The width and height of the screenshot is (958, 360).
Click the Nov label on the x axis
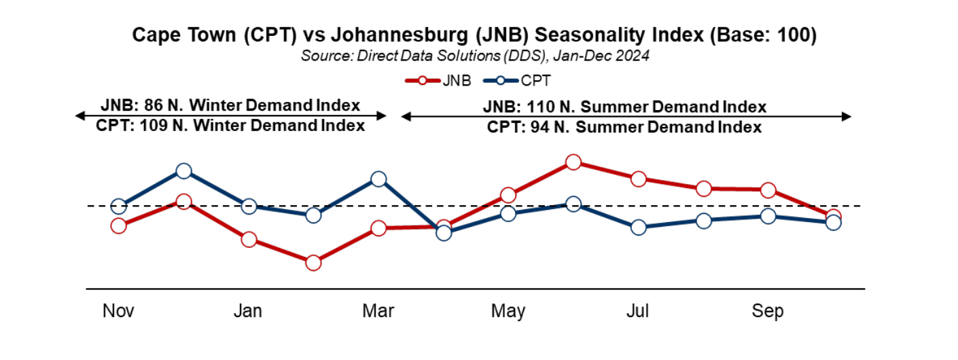pyautogui.click(x=118, y=311)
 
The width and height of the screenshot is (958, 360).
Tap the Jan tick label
pyautogui.click(x=248, y=311)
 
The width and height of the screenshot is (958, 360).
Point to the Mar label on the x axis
pyautogui.click(x=378, y=311)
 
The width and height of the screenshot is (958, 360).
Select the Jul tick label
pyautogui.click(x=638, y=311)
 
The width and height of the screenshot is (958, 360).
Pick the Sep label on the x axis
pyautogui.click(x=768, y=311)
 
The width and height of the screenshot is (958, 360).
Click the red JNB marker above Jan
pyautogui.click(x=249, y=240)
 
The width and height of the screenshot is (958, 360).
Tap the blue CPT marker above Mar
pyautogui.click(x=378, y=179)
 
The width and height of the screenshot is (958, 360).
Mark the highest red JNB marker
pyautogui.click(x=573, y=162)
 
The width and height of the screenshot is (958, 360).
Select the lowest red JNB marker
pyautogui.click(x=313, y=263)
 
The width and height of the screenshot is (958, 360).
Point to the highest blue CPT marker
pyautogui.click(x=183, y=170)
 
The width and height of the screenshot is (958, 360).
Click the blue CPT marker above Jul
pyautogui.click(x=638, y=228)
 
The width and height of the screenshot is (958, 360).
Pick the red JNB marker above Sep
pyautogui.click(x=768, y=190)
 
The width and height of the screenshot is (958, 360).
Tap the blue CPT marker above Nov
pyautogui.click(x=118, y=206)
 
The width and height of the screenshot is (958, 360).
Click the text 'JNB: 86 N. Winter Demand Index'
pyautogui.click(x=230, y=106)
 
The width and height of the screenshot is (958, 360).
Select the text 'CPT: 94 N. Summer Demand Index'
pyautogui.click(x=624, y=126)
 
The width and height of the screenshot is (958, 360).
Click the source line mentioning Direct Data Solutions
pyautogui.click(x=475, y=56)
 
